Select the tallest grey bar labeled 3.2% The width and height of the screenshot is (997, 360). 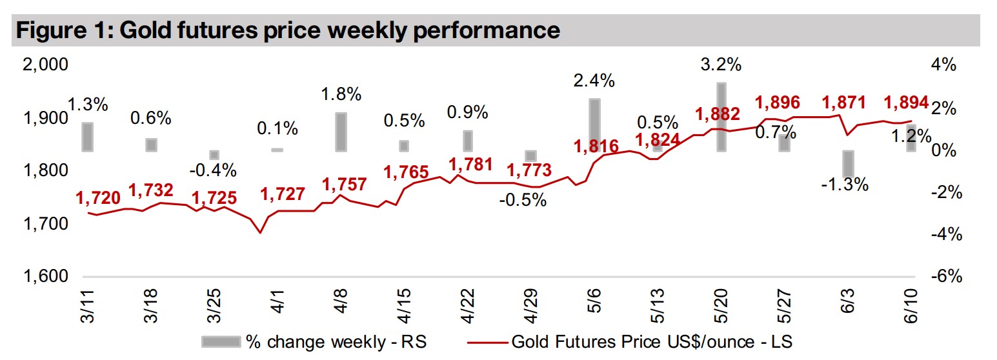[722, 117]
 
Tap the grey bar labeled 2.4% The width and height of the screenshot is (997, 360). [595, 125]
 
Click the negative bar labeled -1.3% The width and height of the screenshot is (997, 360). [849, 165]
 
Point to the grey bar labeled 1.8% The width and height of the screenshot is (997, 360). [341, 132]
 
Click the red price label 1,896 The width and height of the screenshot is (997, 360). [778, 103]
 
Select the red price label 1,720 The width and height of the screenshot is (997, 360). [98, 198]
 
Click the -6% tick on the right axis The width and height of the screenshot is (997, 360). [946, 277]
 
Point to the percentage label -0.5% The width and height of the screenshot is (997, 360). [523, 200]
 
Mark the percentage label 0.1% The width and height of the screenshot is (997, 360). [278, 128]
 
